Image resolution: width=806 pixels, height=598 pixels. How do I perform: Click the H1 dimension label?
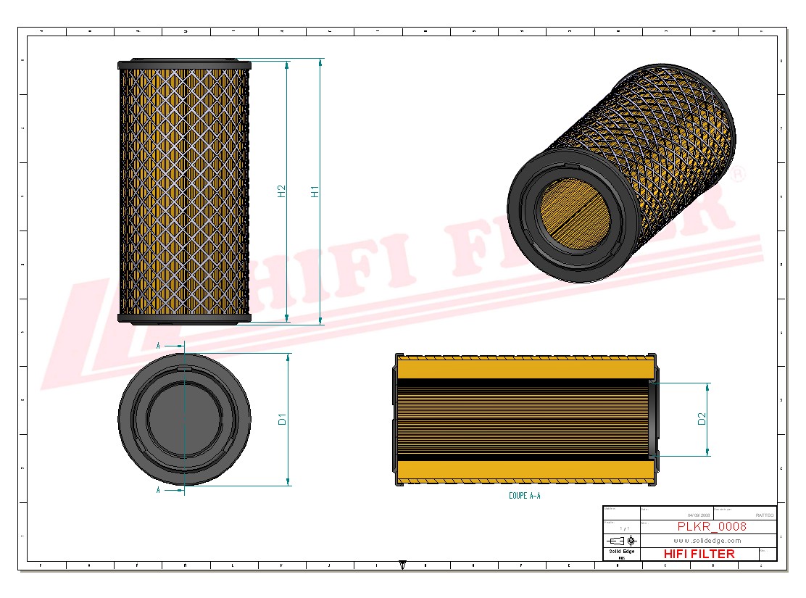point(315,191)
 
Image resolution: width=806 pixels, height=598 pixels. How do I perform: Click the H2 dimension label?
point(282,191)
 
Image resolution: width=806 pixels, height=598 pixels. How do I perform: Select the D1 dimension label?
point(283,419)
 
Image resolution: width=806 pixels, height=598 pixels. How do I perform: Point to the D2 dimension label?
point(702,419)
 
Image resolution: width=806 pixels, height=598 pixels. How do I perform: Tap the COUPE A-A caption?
point(525,496)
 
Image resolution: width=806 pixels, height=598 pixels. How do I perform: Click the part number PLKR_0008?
point(712,526)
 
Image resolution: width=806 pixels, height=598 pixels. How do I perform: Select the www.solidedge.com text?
point(707,540)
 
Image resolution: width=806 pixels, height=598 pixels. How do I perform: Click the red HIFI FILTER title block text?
point(699,554)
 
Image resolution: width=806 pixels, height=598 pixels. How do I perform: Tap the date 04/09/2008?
point(678,515)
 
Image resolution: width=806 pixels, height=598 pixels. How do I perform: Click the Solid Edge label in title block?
point(621,552)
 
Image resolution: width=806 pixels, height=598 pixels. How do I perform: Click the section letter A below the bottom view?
point(158,491)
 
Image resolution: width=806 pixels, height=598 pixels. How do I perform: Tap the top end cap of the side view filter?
point(185,64)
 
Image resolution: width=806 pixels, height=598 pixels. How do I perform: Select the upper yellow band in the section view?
point(525,370)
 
